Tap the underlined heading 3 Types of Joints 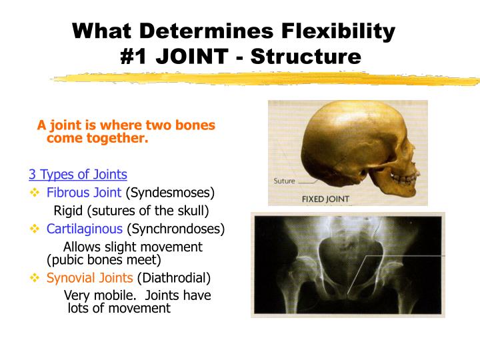point(77,175)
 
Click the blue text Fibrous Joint point(84,193)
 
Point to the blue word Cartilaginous point(85,229)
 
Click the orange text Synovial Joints point(90,277)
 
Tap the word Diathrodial point(174,277)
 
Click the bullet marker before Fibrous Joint point(35,193)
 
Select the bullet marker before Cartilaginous point(35,229)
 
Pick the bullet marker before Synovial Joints point(35,277)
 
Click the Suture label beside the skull point(285,181)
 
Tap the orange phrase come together point(97,138)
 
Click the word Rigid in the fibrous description point(68,211)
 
